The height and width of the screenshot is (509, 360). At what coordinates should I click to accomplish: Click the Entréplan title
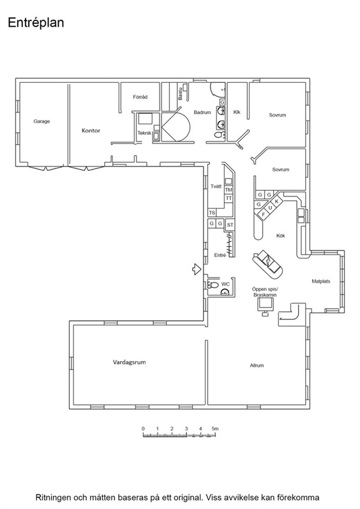36,23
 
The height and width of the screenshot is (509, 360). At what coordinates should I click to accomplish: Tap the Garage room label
41,121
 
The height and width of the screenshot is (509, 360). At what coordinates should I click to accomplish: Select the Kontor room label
91,131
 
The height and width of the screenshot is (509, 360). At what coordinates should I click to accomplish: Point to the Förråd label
140,97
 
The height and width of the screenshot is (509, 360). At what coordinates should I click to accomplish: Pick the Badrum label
202,112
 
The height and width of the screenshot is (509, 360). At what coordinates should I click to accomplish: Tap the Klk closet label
237,112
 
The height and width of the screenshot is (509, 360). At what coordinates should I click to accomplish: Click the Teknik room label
144,133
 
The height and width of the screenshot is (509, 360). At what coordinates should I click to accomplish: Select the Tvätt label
216,186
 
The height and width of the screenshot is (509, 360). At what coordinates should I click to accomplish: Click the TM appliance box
229,190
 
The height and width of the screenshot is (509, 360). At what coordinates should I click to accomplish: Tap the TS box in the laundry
212,213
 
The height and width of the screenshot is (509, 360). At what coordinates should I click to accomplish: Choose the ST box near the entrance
230,225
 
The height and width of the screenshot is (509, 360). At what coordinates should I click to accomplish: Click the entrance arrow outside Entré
195,269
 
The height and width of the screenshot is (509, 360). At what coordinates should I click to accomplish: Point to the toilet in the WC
213,285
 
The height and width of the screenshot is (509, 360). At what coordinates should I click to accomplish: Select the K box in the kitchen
277,202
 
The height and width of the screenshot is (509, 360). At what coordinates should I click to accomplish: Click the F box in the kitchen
264,214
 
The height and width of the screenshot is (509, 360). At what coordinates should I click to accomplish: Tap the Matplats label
321,281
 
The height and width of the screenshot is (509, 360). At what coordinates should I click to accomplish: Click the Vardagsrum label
130,362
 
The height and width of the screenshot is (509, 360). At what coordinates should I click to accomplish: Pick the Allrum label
257,365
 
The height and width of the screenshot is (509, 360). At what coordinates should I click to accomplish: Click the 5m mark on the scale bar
215,429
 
